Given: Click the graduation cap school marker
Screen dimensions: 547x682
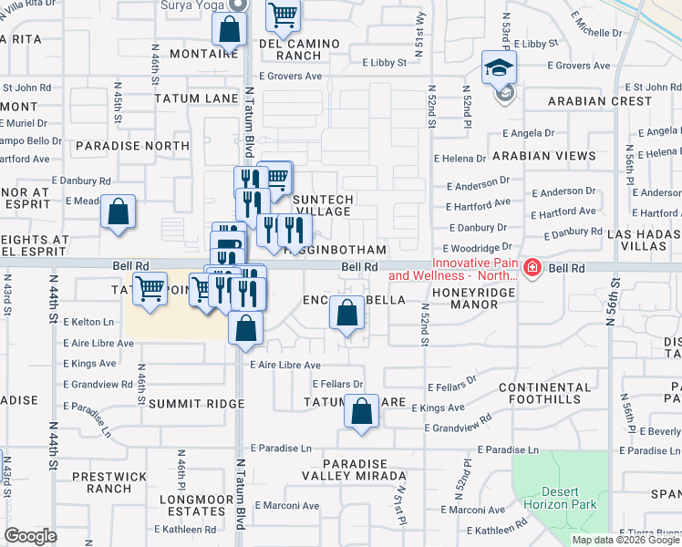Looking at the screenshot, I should click(500, 67).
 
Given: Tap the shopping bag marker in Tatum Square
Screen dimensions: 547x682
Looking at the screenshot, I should click(362, 411).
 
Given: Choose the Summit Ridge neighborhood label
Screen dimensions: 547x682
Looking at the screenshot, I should click(196, 403).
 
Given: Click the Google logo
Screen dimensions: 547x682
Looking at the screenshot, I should click(31, 536).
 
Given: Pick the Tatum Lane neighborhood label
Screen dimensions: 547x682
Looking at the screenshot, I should click(196, 98).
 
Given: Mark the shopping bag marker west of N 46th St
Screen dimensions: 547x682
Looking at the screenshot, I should click(118, 212).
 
